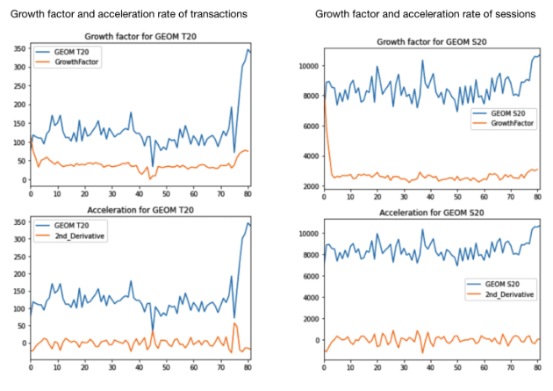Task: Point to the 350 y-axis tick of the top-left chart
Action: tap(18, 49)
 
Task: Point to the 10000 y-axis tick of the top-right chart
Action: tap(308, 66)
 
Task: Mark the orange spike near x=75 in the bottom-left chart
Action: tap(233, 323)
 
